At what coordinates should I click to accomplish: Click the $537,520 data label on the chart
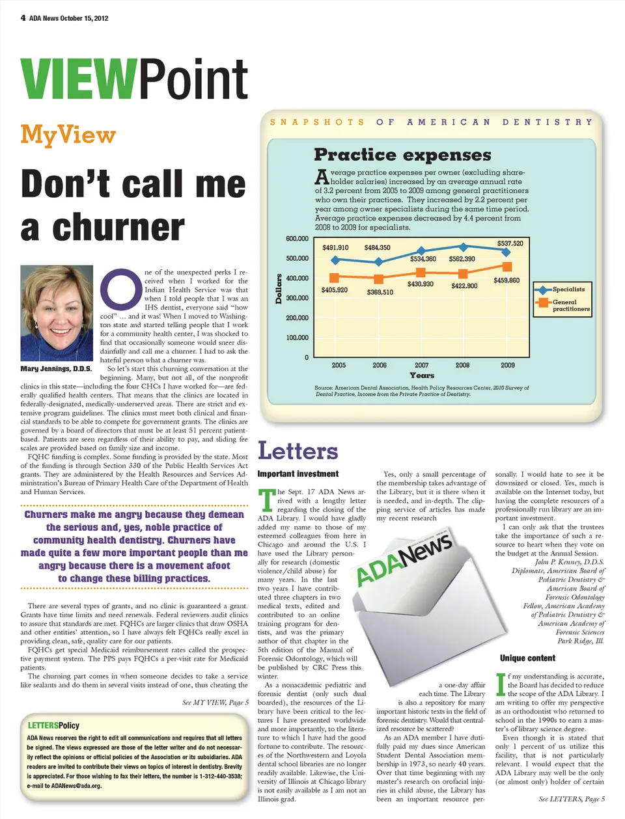click(x=510, y=243)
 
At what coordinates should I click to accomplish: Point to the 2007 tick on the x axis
click(x=421, y=365)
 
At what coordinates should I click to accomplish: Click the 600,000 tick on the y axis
click(x=297, y=239)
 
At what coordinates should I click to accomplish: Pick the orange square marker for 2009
click(x=507, y=267)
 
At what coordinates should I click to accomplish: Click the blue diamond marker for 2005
click(x=335, y=260)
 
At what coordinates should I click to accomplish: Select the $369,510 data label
click(x=380, y=292)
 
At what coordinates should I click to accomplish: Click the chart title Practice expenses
click(x=402, y=155)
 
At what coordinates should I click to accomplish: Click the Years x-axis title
click(x=422, y=375)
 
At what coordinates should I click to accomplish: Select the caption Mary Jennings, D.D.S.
click(x=56, y=369)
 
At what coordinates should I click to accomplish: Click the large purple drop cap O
click(x=120, y=289)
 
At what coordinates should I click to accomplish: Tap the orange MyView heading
click(x=68, y=135)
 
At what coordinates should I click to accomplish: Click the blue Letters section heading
click(x=298, y=451)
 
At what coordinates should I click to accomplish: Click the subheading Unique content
click(x=527, y=658)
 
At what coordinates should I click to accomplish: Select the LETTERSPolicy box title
click(x=53, y=725)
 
